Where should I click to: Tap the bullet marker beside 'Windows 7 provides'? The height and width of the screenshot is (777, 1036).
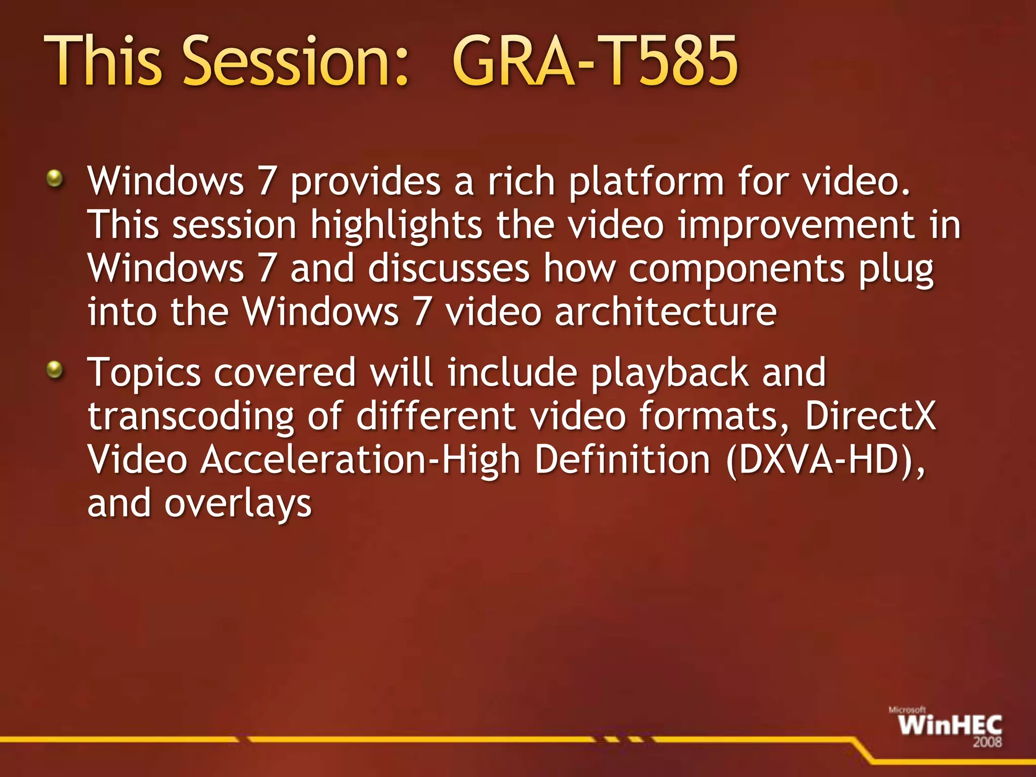55,178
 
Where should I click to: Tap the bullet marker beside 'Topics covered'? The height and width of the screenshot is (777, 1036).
55,370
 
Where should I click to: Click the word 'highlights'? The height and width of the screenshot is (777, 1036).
396,226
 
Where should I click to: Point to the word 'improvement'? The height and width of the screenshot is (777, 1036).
796,226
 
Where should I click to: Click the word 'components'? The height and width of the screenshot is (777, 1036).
736,269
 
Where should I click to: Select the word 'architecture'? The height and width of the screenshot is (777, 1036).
666,312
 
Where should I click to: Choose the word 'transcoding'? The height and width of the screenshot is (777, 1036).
191,417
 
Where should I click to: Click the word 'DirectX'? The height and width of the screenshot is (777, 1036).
870,416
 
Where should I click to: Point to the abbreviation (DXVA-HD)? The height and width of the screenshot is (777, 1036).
825,460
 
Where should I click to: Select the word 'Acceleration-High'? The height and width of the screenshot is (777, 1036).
360,460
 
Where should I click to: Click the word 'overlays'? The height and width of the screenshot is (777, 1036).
238,504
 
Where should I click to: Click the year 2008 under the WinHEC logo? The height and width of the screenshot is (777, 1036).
987,742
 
